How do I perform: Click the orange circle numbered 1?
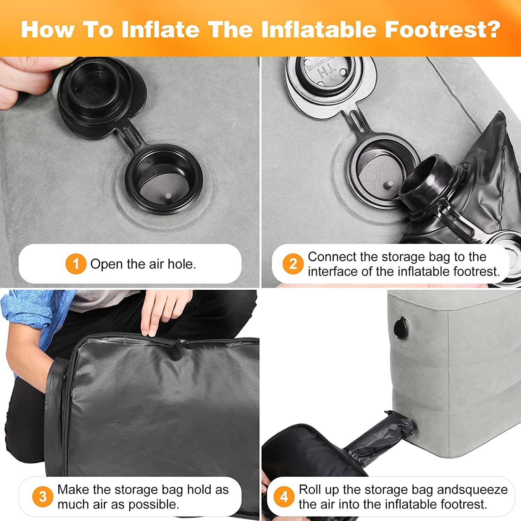click(x=76, y=264)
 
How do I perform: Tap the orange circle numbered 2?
click(x=293, y=264)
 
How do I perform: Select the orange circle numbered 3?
click(x=43, y=497)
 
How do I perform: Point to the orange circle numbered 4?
click(x=284, y=497)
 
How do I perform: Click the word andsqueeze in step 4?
click(x=472, y=490)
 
